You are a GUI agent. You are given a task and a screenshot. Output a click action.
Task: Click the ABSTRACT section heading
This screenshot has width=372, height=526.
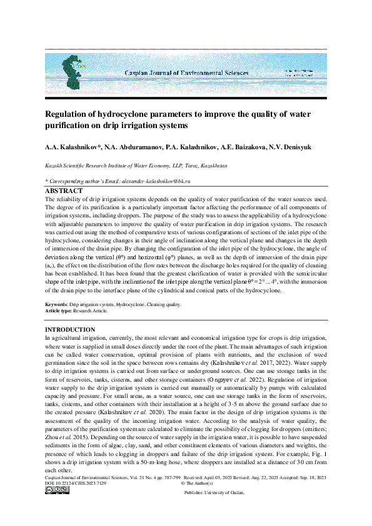coord(64,191)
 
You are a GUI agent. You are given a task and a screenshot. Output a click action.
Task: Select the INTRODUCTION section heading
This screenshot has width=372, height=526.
coord(70,329)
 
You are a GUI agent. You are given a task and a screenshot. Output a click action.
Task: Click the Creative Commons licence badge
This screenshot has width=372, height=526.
coord(57,507)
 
